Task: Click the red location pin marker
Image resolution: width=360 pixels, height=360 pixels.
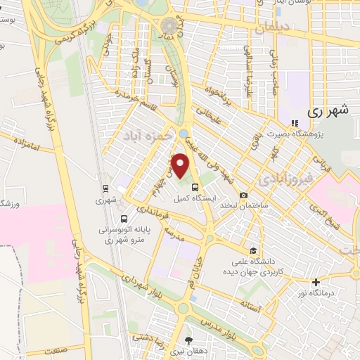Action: tap(181, 166)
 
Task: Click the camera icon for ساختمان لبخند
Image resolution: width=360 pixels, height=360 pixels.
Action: tap(243, 195)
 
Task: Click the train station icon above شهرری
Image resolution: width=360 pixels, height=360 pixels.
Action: tap(105, 188)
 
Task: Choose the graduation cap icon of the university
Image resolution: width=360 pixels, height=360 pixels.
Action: tap(252, 250)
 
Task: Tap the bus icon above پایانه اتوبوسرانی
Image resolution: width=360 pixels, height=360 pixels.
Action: tap(124, 219)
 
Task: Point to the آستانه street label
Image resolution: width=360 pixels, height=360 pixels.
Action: tap(250, 304)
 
